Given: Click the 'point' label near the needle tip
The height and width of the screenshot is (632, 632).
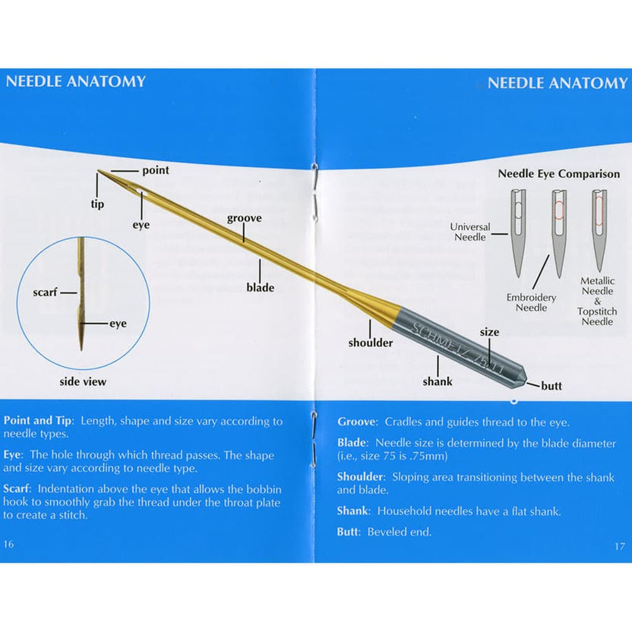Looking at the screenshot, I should tap(156, 170).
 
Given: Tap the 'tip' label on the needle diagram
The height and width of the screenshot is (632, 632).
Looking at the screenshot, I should tap(98, 204).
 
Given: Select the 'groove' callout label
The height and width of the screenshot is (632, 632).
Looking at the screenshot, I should tap(244, 219).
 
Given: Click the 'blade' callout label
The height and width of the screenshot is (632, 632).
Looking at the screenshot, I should tap(260, 288).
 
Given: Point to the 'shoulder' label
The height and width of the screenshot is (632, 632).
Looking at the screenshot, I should tap(371, 343).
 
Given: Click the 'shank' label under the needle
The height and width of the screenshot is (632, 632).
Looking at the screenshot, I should tap(438, 381).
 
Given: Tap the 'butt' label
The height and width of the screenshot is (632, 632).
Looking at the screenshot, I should tap(551, 386).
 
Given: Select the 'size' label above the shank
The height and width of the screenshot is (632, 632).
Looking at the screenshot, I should tap(489, 333).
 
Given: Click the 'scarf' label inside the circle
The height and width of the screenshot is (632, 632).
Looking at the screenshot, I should tap(45, 292).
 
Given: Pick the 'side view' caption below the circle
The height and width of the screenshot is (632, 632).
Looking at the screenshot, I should tap(83, 381).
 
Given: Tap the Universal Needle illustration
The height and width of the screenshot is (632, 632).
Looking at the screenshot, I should tap(517, 232).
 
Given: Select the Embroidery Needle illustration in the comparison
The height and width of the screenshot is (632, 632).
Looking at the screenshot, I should tap(558, 232).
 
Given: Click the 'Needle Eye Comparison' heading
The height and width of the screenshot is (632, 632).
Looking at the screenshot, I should tap(558, 173).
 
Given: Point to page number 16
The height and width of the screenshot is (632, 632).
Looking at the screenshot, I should tap(8, 544).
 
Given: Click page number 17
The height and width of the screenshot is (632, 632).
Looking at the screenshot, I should tap(619, 546).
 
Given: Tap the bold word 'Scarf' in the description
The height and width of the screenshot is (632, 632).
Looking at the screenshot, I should tap(17, 488).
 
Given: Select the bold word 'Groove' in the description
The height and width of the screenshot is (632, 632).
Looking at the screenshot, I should tap(356, 422).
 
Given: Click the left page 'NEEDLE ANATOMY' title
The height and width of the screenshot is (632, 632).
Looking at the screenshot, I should tap(75, 81).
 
